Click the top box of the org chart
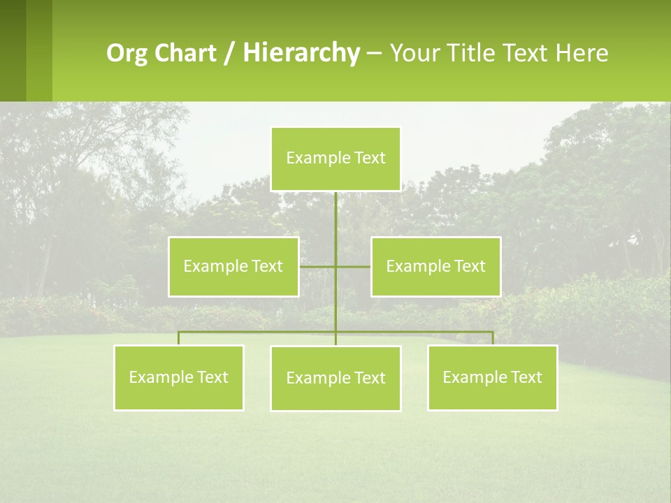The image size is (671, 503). point(335,159)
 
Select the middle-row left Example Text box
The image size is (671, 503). point(233,266)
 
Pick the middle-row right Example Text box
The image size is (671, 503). point(435,266)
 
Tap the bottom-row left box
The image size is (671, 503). point(179,377)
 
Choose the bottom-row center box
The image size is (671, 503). point(335,378)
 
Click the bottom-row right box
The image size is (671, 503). point(492,377)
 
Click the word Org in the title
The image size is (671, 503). point(126,53)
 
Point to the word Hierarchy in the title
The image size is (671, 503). point(301,53)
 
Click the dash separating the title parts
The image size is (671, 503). point(374,53)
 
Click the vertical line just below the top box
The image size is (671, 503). point(335,210)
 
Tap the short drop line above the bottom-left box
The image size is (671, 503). point(179,338)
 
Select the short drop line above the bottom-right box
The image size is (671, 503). point(492,338)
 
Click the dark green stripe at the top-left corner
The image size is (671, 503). point(13,49)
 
